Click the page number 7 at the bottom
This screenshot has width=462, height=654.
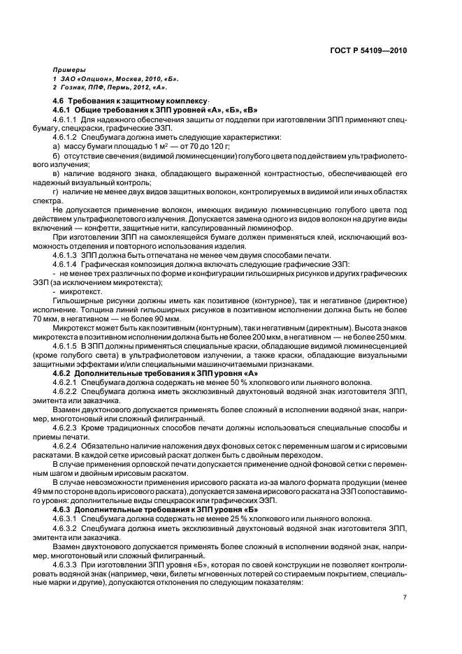tap(404, 597)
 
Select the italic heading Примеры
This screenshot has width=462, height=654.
tap(68, 71)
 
